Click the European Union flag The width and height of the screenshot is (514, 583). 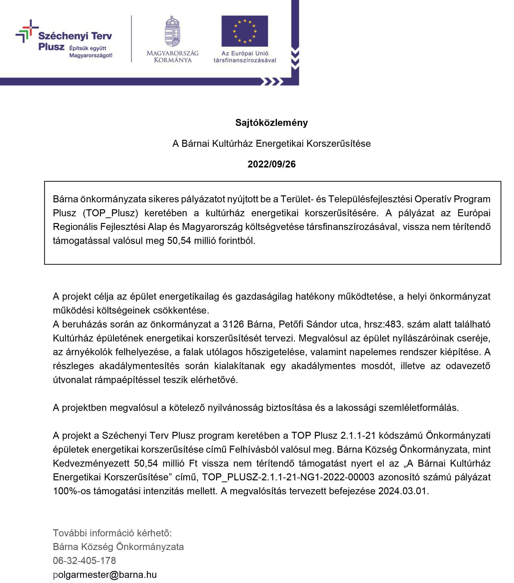point(244,31)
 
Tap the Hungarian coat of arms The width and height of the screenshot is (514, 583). point(172,31)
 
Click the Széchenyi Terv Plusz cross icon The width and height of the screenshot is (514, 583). point(26,31)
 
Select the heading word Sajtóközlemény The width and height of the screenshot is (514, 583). point(271,123)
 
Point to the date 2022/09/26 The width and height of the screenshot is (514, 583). point(271,164)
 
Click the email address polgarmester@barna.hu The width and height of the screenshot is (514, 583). point(105,574)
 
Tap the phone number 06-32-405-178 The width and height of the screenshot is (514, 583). point(84,560)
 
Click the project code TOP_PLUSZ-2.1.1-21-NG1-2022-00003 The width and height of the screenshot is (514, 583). point(288,477)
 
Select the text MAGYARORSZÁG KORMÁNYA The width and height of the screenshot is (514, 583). point(172,56)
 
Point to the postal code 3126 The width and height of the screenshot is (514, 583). point(233,324)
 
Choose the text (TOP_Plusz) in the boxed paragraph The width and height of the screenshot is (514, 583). point(111,213)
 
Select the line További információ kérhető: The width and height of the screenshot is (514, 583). point(112,533)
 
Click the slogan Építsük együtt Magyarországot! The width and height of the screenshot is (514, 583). point(91,52)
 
